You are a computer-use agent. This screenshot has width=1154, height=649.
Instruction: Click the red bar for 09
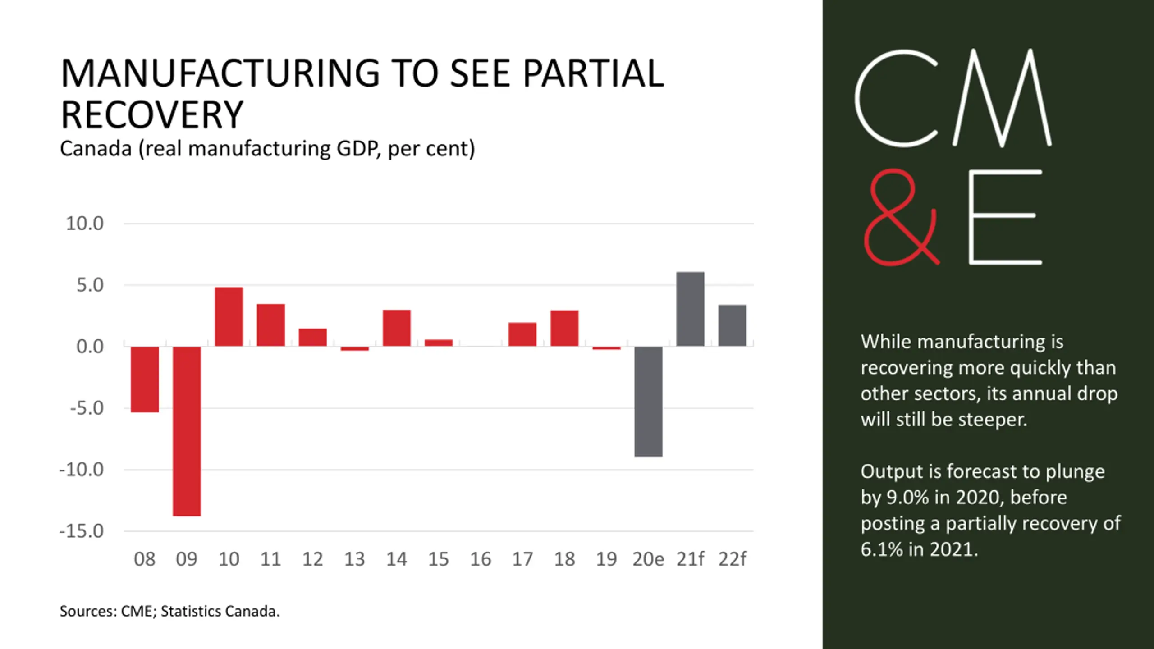click(187, 431)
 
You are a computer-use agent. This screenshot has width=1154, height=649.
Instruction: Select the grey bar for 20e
click(648, 401)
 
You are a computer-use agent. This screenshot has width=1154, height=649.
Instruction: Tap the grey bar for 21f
click(690, 309)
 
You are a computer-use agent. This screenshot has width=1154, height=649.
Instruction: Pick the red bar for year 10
click(229, 316)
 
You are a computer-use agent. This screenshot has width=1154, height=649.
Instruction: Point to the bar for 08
click(145, 379)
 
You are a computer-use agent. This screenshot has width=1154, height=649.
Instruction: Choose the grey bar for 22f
click(732, 325)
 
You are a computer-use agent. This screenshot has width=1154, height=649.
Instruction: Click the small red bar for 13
click(355, 348)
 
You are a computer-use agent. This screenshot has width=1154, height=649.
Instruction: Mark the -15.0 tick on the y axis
click(82, 531)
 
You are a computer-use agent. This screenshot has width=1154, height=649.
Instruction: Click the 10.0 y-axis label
click(85, 224)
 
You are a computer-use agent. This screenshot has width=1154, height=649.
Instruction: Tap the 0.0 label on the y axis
click(90, 347)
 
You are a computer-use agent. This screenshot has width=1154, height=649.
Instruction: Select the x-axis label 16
click(481, 559)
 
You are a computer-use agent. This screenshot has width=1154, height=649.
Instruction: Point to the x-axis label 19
click(606, 559)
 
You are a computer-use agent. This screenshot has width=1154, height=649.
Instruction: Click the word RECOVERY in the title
click(152, 115)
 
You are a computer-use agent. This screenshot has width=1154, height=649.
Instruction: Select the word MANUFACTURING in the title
click(220, 73)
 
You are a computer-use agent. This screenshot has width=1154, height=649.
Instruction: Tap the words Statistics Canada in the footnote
click(220, 612)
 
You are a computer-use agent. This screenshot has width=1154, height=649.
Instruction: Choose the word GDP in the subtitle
click(357, 149)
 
